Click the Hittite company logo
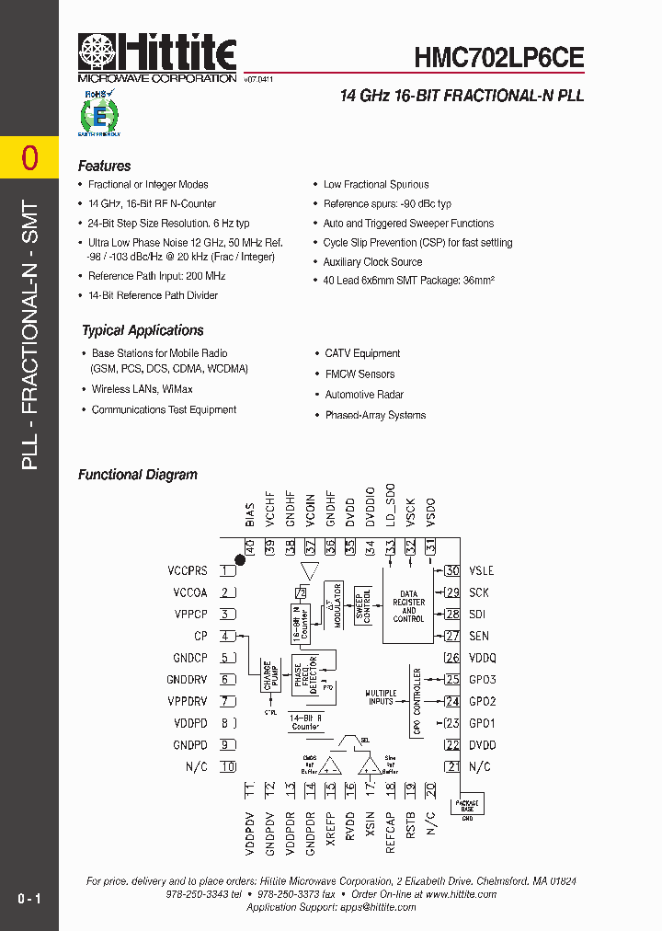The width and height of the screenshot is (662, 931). pyautogui.click(x=157, y=57)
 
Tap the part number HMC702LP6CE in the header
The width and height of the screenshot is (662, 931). pyautogui.click(x=498, y=58)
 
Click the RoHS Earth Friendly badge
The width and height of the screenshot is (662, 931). pyautogui.click(x=98, y=113)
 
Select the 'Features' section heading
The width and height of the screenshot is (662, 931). pyautogui.click(x=104, y=167)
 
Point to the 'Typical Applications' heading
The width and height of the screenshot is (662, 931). pyautogui.click(x=143, y=330)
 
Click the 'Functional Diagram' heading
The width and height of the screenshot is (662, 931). pyautogui.click(x=137, y=475)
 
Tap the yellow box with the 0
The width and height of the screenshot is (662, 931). pyautogui.click(x=29, y=158)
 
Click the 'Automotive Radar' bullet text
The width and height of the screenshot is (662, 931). pyautogui.click(x=364, y=395)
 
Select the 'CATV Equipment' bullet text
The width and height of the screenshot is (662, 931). pyautogui.click(x=362, y=353)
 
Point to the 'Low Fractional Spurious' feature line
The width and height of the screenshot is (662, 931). pyautogui.click(x=376, y=185)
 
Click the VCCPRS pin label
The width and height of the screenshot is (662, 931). pyautogui.click(x=188, y=570)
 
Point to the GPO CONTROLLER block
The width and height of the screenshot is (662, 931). pyautogui.click(x=417, y=702)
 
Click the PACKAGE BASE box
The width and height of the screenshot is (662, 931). pyautogui.click(x=467, y=807)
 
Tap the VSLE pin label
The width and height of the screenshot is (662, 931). pyautogui.click(x=481, y=570)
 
